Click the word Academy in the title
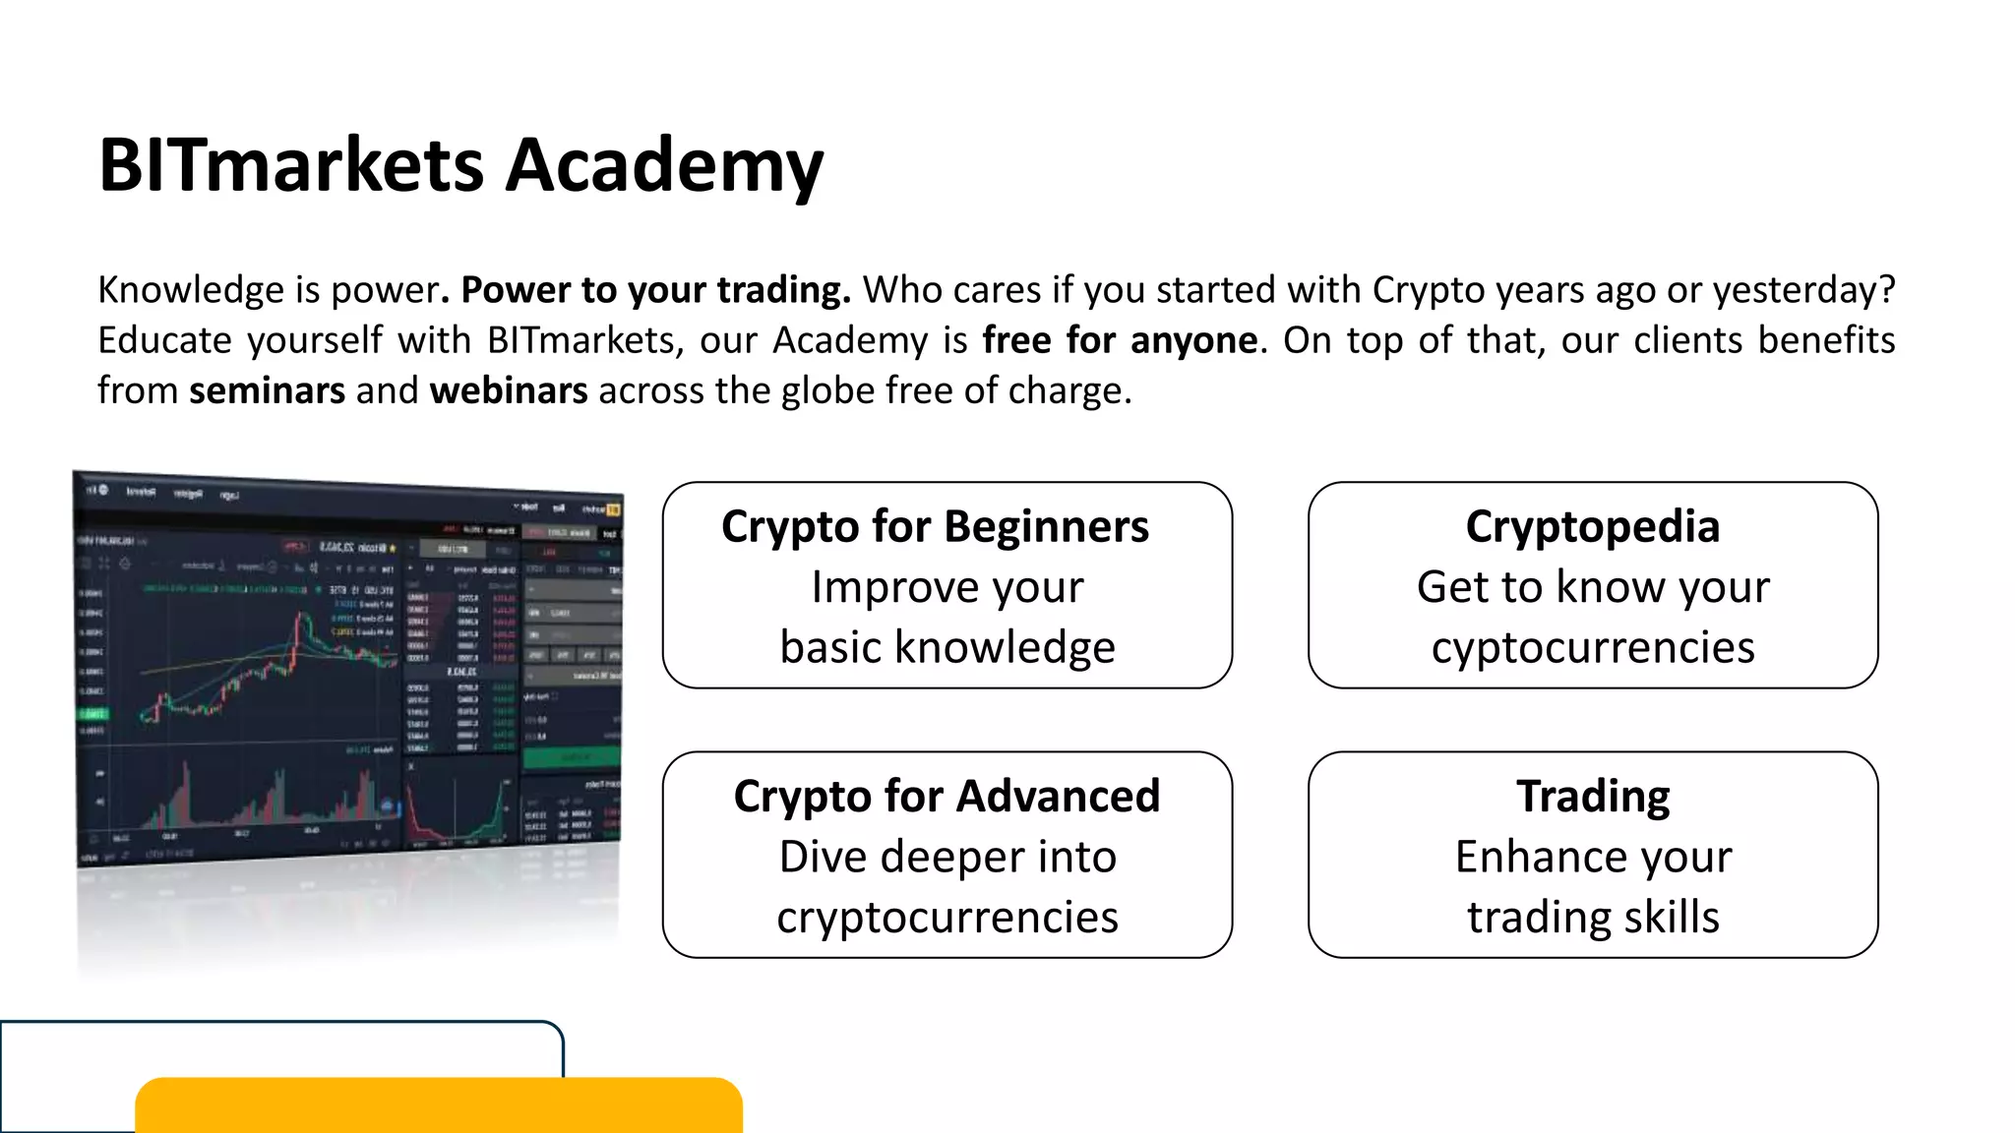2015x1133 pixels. pos(664,165)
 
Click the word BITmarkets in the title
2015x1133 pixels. pos(291,165)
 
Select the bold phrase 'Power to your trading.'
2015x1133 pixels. pos(655,290)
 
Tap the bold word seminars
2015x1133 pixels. pos(267,390)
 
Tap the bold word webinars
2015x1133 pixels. pos(509,390)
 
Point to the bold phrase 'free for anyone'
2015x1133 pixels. pos(1120,340)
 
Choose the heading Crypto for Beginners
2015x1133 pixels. pos(935,527)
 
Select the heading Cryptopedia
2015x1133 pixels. pos(1592,527)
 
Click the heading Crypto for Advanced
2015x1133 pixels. pos(946,797)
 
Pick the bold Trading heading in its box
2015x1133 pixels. pos(1593,797)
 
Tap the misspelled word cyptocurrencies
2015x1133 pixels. pos(1593,648)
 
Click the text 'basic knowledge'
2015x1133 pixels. pos(947,648)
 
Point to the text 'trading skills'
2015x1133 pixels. pos(1593,918)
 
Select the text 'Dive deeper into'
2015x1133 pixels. pos(947,857)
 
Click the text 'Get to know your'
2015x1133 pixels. pos(1593,587)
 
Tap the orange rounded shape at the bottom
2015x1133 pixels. pos(438,1105)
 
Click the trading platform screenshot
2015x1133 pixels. pos(349,669)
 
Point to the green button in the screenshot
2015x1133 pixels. pos(571,757)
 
